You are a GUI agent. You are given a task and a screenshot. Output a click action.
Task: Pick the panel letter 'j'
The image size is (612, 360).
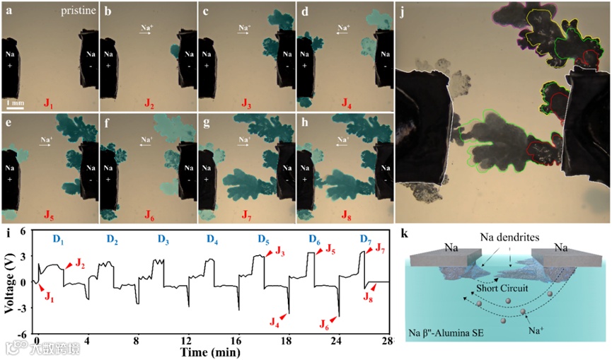[x=401, y=10]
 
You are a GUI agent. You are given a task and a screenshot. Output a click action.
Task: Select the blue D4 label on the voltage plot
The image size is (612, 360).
[x=212, y=240]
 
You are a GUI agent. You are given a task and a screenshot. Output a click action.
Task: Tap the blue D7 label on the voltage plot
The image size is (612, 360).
[x=366, y=240]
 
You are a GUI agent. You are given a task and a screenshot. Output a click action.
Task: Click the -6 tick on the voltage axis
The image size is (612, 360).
[x=23, y=333]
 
